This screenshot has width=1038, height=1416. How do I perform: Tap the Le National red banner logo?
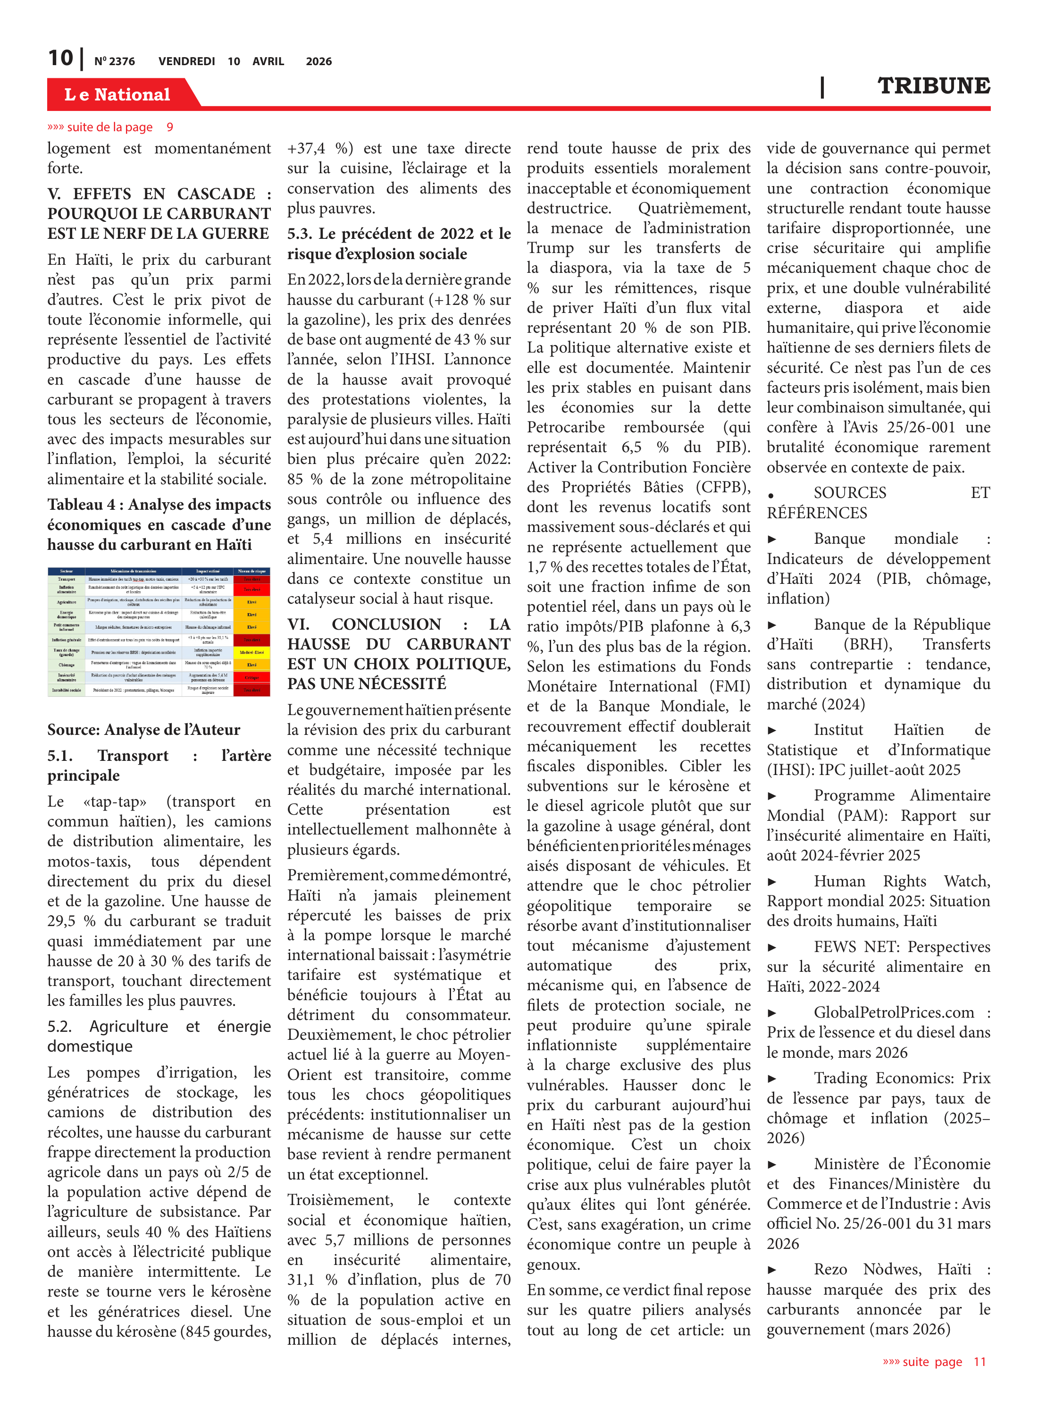pos(117,94)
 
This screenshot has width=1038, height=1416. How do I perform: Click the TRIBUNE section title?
pos(933,86)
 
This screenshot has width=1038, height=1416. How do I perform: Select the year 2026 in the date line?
pos(318,61)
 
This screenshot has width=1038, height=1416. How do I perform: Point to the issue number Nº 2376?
pos(114,61)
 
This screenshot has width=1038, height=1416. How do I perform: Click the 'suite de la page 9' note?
pos(110,127)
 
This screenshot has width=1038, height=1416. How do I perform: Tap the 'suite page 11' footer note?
pos(934,1362)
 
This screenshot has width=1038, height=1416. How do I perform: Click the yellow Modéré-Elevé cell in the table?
pos(251,652)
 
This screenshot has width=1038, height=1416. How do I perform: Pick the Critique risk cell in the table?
pos(251,677)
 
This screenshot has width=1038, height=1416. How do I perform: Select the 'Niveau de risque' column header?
pos(251,571)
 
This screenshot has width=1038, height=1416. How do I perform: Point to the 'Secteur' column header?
pos(66,571)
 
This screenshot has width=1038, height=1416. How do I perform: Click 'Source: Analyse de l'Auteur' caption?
pos(143,730)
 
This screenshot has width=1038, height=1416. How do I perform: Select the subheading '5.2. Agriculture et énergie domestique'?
pos(159,1037)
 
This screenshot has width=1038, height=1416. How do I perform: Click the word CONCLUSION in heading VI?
pos(386,624)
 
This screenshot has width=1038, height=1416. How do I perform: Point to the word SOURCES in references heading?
pos(849,493)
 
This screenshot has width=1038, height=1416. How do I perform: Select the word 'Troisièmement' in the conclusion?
pos(340,1200)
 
